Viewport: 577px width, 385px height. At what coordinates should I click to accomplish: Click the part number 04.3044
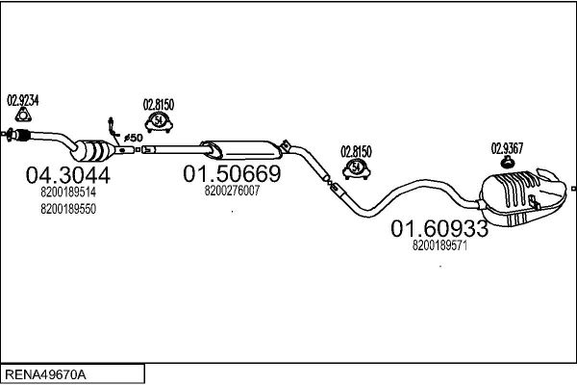(x=67, y=175)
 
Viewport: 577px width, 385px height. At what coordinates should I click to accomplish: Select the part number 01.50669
(x=232, y=173)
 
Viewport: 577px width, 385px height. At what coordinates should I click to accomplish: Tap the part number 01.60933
(x=439, y=228)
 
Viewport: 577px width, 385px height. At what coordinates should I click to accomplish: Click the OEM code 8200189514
(x=68, y=192)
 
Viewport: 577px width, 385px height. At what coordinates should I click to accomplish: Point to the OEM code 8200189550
(x=68, y=209)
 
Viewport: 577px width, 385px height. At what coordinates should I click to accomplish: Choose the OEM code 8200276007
(x=232, y=191)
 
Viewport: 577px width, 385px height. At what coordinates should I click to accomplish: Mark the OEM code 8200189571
(x=439, y=245)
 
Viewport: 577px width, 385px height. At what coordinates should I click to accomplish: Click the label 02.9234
(x=23, y=100)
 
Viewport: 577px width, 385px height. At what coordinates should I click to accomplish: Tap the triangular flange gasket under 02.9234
(x=23, y=115)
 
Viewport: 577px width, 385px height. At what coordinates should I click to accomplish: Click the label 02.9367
(x=507, y=148)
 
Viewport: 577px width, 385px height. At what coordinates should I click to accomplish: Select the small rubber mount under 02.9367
(x=508, y=162)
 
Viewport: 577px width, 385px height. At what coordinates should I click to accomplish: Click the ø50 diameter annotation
(x=134, y=138)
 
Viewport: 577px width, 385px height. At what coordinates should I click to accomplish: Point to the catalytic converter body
(x=94, y=150)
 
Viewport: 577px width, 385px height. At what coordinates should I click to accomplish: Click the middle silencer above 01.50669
(x=241, y=149)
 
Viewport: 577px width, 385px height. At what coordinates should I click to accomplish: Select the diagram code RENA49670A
(x=45, y=374)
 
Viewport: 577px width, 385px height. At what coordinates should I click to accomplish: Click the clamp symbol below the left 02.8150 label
(x=159, y=122)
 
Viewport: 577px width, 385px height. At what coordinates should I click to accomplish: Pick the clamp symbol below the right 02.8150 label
(x=356, y=169)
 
